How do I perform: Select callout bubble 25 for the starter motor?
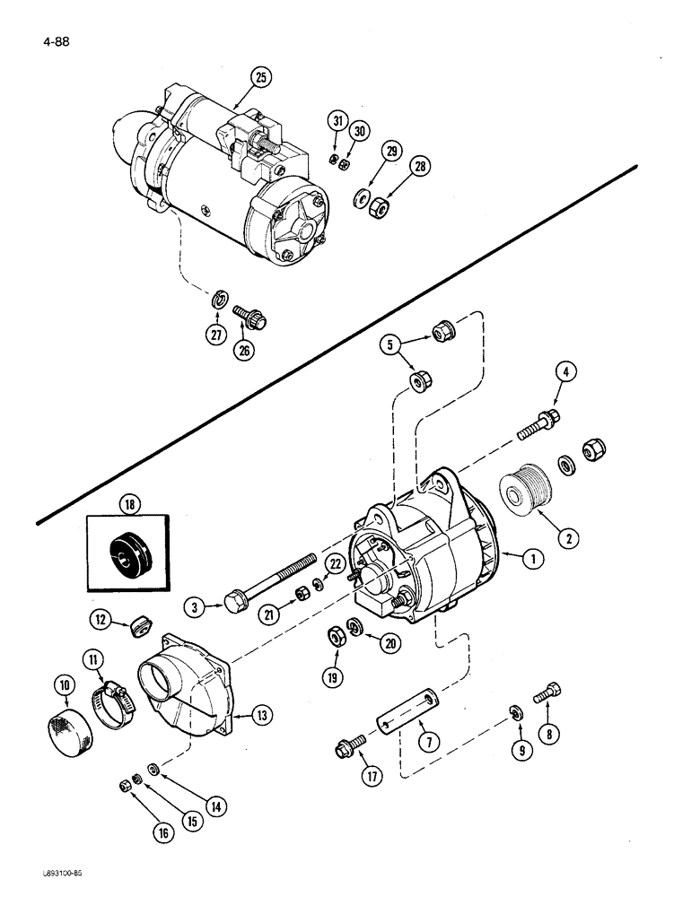pyautogui.click(x=259, y=78)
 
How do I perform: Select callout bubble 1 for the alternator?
pyautogui.click(x=533, y=558)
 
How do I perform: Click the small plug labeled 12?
pyautogui.click(x=139, y=626)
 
